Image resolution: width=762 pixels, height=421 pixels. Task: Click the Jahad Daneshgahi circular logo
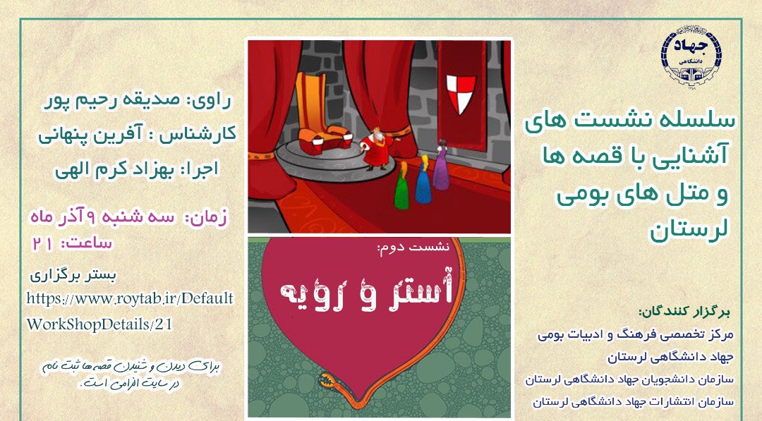click(x=691, y=56)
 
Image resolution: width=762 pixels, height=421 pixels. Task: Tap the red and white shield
click(x=460, y=93)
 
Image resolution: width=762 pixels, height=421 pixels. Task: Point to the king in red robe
click(x=377, y=148)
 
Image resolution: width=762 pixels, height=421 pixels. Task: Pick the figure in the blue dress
click(x=423, y=180)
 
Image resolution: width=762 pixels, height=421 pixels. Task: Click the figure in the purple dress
click(x=441, y=165)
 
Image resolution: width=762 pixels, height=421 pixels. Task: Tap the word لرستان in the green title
click(x=689, y=229)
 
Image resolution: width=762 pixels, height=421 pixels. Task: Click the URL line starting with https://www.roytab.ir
click(x=130, y=298)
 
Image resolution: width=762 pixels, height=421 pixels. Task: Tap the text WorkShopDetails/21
click(x=99, y=324)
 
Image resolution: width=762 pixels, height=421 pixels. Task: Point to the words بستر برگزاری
click(x=73, y=276)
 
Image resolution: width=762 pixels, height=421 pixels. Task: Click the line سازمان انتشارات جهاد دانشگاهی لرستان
click(x=633, y=402)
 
